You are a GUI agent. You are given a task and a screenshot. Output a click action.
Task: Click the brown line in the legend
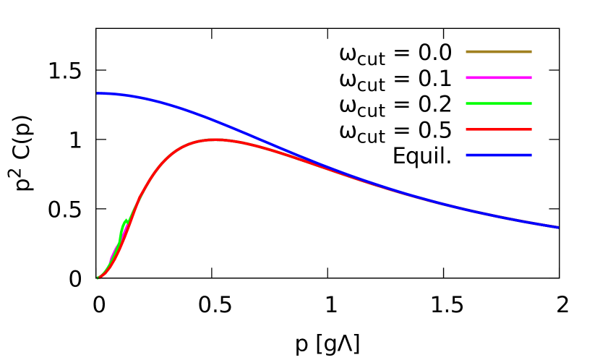point(499,52)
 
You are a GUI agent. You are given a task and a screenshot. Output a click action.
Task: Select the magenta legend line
point(499,77)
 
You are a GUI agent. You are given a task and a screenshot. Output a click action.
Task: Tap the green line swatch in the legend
point(499,103)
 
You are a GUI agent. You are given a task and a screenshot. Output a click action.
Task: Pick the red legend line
point(499,129)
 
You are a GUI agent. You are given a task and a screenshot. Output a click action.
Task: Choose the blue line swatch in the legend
point(499,155)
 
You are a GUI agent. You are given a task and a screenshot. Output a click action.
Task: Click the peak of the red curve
point(215,140)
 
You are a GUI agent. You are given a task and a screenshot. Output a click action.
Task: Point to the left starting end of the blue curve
point(98,93)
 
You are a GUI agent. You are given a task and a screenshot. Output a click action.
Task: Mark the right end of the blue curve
point(557,227)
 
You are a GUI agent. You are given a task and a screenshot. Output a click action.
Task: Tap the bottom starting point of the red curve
point(100,277)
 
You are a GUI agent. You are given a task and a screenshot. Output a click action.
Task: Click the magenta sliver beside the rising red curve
point(113,253)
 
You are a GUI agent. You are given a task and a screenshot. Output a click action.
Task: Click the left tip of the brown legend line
point(467,52)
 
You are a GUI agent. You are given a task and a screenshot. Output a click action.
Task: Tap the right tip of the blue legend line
point(531,155)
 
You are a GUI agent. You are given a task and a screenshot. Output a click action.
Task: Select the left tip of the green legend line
point(467,103)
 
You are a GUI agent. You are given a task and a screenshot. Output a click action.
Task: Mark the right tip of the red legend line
point(531,129)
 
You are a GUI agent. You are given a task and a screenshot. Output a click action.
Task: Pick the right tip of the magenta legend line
point(531,77)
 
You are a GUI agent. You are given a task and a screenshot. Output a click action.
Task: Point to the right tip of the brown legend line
point(531,52)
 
